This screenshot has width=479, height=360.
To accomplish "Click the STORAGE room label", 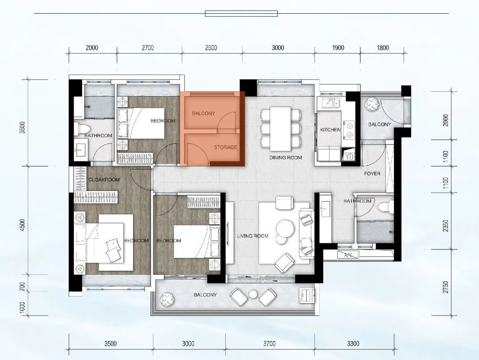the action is (225, 147).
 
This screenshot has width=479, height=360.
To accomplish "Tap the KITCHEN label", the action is (330, 130).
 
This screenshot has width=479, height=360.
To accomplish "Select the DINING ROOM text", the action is (286, 158).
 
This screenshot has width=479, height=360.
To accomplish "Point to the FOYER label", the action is (372, 174).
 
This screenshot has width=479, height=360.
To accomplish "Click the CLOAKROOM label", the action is (104, 179).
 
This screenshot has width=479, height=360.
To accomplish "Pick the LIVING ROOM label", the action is (253, 236).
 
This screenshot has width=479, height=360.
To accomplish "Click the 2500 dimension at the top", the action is (211, 47).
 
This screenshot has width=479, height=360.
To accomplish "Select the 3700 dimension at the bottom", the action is (270, 344).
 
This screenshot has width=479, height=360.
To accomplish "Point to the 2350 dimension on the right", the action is (446, 225).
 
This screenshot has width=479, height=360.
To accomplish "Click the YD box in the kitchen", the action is (349, 157).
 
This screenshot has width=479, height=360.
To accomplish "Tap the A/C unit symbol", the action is (348, 254).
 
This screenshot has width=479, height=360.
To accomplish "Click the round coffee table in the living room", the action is (285, 229).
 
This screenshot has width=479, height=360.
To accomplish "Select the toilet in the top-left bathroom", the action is (82, 128).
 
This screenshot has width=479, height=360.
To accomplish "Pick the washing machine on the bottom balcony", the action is (306, 296).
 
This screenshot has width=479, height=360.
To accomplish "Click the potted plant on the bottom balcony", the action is (167, 299).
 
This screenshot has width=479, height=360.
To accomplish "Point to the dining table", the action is (280, 128).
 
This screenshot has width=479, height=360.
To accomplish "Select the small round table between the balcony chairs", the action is (253, 294).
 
